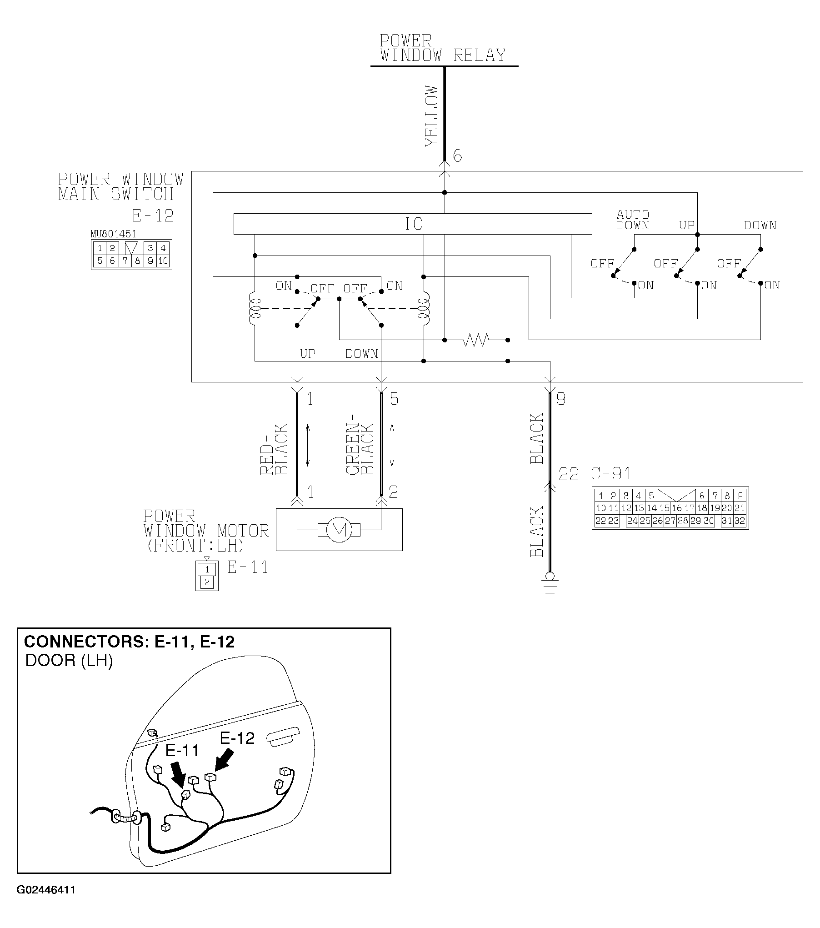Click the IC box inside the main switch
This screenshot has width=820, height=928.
413,224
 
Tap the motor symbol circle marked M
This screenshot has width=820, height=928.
339,530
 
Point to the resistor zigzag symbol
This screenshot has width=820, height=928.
475,340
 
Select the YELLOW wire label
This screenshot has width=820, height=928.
431,116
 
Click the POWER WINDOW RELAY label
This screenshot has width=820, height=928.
443,48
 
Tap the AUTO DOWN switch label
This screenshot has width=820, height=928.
632,220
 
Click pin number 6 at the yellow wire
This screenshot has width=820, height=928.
457,156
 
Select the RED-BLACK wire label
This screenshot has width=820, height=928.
275,449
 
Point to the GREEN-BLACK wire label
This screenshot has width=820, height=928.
360,449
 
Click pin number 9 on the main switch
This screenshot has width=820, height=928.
561,399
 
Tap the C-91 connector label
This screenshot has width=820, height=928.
611,474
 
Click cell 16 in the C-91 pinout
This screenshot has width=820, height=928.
676,508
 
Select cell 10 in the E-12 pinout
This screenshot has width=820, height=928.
163,261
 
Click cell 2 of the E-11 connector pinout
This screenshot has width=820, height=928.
207,582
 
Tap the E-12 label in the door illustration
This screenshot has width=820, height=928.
237,737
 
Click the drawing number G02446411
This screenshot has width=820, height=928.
46,903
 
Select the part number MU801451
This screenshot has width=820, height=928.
113,234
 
